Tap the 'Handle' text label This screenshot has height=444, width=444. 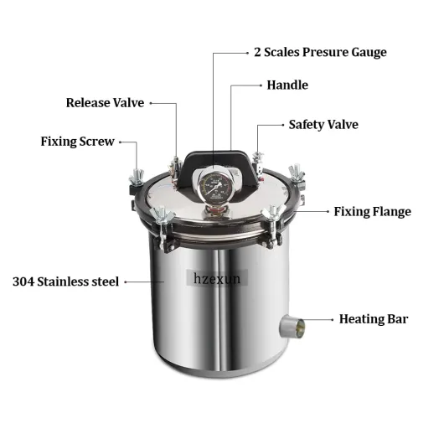[x=287, y=85]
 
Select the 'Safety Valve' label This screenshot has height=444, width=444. [x=323, y=125]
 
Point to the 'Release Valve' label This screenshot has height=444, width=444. [x=105, y=103]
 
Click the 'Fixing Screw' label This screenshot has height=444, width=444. [x=77, y=142]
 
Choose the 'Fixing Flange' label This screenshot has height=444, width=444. [x=372, y=212]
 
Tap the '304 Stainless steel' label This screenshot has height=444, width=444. [x=66, y=281]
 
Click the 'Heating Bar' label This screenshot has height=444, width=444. [x=374, y=319]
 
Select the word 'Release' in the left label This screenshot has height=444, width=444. [x=88, y=103]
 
